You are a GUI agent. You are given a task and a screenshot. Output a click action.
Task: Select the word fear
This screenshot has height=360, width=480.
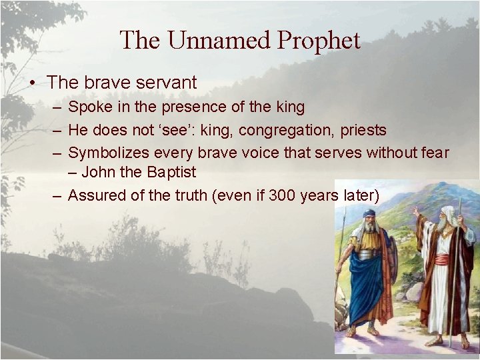click(x=435, y=153)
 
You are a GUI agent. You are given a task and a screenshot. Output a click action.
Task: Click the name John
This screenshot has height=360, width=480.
click(x=97, y=172)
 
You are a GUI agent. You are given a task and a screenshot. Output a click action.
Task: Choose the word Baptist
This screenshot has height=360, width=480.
click(x=172, y=172)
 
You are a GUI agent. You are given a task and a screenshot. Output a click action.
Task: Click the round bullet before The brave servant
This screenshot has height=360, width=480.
click(x=32, y=83)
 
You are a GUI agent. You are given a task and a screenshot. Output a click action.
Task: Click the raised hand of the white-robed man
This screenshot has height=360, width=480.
click(x=415, y=212)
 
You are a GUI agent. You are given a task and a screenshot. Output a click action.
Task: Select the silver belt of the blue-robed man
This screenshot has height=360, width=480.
click(x=369, y=254)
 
